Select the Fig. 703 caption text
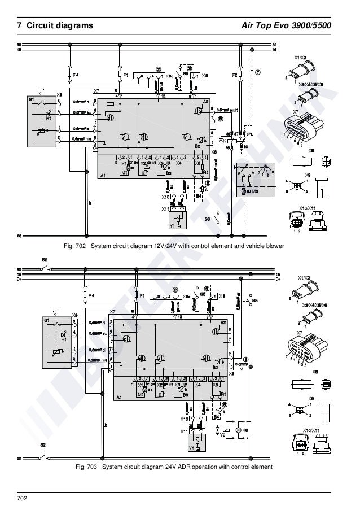pos(174,467)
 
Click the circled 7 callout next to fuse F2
pos(257,73)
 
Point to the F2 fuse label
pos(234,75)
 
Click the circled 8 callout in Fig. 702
pos(221,119)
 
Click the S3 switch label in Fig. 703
pos(255,299)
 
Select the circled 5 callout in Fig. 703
pos(245,359)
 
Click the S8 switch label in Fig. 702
pos(208,217)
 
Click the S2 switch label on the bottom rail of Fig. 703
pos(43,446)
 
